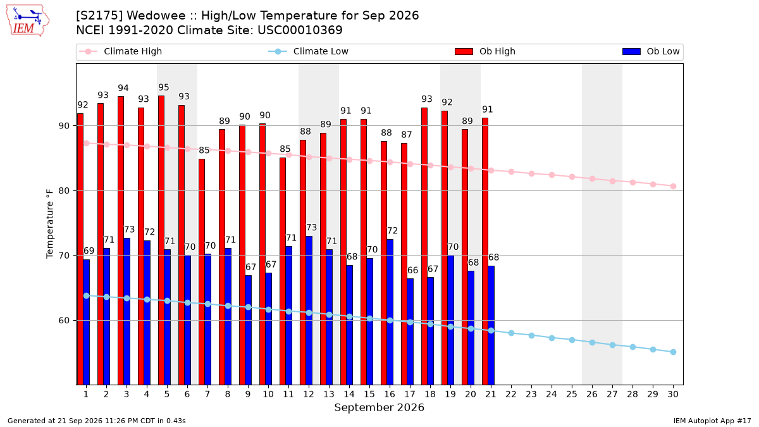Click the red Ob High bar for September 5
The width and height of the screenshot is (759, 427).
point(161,240)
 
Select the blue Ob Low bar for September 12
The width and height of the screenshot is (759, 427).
point(309,311)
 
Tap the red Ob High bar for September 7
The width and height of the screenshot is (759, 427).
point(202,272)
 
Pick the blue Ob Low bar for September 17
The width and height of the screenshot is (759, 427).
point(410,331)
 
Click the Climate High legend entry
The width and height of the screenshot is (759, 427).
point(120,51)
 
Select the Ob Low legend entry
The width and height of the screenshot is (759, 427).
point(651,51)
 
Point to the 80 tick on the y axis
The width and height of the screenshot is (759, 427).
point(64,191)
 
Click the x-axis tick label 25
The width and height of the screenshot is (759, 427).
point(572,394)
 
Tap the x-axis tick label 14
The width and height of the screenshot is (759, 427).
point(349,394)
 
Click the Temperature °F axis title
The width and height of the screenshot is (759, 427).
point(50,224)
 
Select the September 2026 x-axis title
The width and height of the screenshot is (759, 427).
point(379,407)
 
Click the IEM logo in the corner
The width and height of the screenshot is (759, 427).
point(27,21)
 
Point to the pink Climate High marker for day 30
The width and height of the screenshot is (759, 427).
point(673,187)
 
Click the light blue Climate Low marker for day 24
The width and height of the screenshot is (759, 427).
point(552,338)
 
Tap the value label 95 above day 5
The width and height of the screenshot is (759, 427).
point(164,87)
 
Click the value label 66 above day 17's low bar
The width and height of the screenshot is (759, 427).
point(412,271)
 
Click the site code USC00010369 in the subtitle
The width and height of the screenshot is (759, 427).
point(300,30)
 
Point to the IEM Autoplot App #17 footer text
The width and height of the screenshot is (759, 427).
point(712,421)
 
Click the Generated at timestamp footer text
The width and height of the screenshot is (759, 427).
point(97,421)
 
